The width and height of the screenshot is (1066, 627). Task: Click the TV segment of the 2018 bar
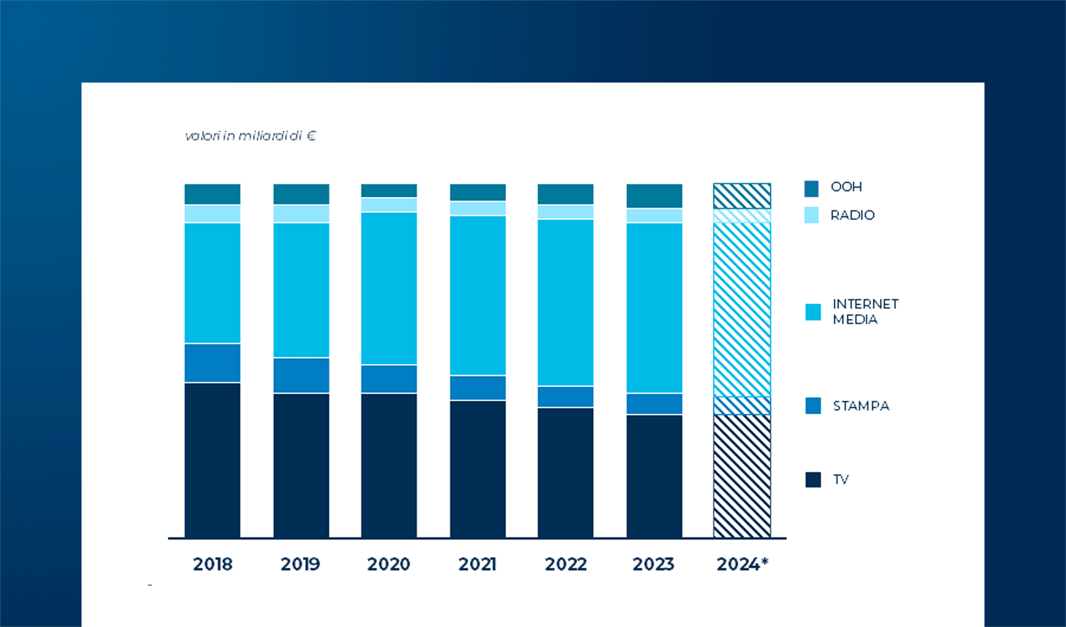coord(212,460)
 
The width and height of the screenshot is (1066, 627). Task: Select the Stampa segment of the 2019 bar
coord(301,375)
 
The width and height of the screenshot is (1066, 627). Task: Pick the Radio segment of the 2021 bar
coord(478,208)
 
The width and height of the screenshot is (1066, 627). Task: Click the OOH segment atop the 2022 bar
coord(565,194)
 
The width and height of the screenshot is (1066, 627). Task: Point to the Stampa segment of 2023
coord(654,404)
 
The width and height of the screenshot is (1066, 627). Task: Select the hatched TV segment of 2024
coord(742,475)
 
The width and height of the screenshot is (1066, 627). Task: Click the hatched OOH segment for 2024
coord(742,196)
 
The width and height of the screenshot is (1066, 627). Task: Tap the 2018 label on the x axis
coord(212,564)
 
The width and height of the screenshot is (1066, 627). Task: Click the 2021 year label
coord(477,564)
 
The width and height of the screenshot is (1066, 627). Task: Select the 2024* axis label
coord(743,564)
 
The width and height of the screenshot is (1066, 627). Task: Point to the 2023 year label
coord(653,564)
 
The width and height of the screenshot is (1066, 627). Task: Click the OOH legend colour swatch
coord(812,188)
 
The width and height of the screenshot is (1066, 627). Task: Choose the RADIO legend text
coord(852,215)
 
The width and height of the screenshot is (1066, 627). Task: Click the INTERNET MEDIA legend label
coord(865,311)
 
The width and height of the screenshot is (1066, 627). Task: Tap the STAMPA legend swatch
coord(813,406)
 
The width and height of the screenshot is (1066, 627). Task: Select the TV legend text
coord(841,480)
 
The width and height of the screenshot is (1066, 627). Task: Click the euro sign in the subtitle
coord(311,136)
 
